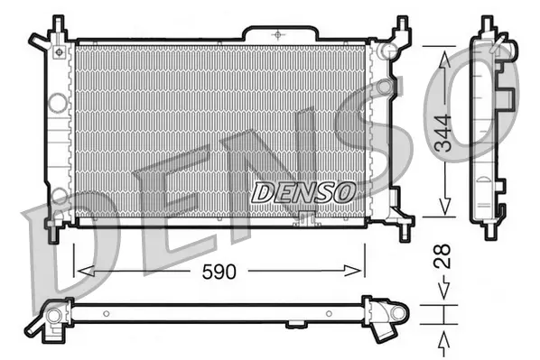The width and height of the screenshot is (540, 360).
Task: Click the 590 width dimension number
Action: [219, 270]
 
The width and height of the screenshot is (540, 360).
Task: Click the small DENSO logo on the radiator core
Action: [303, 192]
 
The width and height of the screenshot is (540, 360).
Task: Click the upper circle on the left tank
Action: [58, 103]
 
